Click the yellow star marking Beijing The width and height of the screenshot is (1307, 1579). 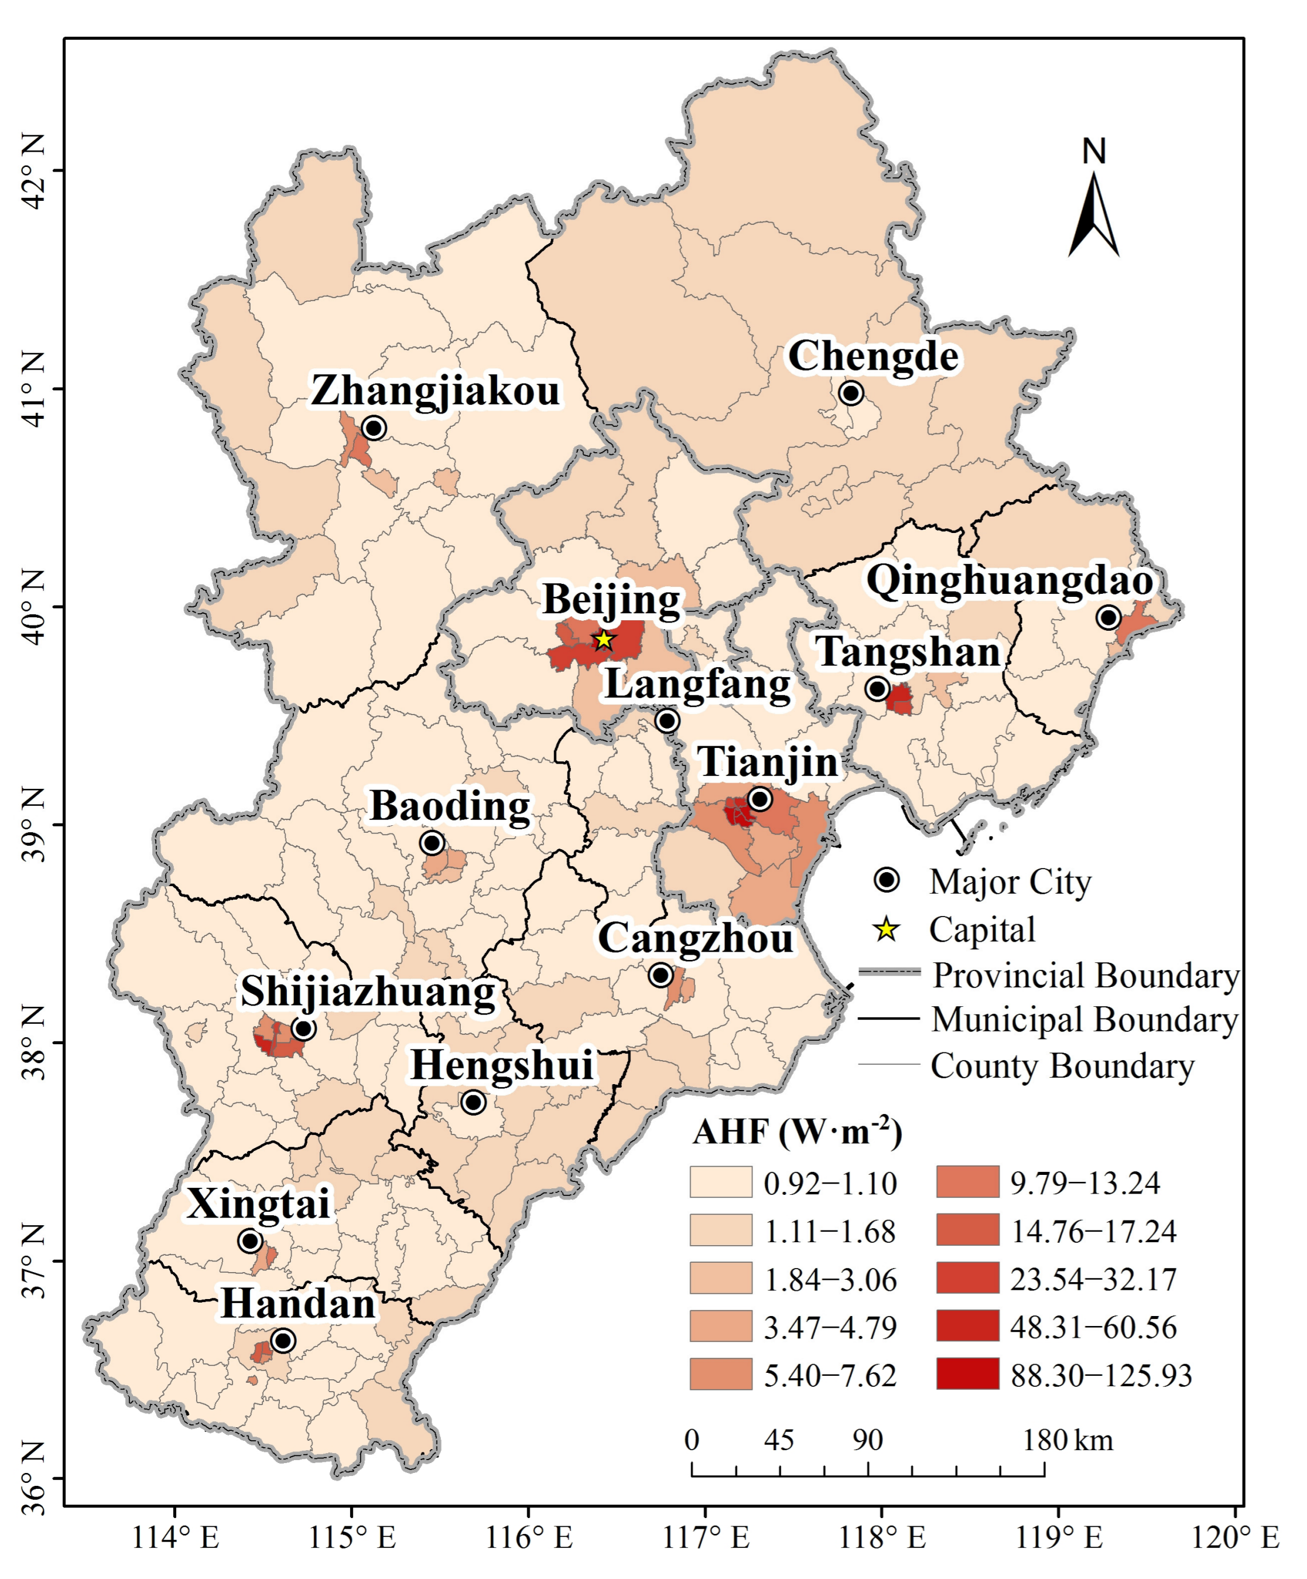(x=604, y=641)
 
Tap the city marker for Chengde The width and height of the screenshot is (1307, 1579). (x=851, y=392)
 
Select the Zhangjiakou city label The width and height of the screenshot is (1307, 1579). (x=436, y=391)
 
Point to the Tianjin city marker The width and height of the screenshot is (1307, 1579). (x=760, y=798)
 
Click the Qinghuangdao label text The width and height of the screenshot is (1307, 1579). (x=1010, y=581)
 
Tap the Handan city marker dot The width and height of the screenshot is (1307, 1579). (x=283, y=1341)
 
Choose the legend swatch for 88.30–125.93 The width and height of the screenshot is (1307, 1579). (x=967, y=1373)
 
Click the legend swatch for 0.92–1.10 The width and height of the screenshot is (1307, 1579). (x=721, y=1182)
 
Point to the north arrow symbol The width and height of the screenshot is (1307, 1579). (x=1093, y=214)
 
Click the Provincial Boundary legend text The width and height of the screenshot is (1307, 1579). (x=1085, y=976)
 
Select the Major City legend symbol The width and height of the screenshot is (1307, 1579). (x=887, y=880)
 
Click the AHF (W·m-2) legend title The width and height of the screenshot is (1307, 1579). (x=797, y=1131)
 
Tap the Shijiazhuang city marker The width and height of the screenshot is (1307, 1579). (x=303, y=1028)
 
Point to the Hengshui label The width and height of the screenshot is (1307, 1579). (x=502, y=1065)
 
